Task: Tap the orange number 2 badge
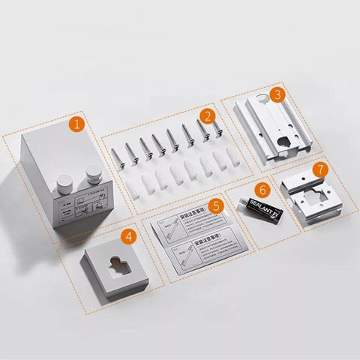[208, 116]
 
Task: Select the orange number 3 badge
[277, 94]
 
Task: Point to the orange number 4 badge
[129, 236]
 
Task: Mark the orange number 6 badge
[263, 190]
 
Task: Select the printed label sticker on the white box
[82, 209]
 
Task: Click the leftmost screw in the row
[116, 156]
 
